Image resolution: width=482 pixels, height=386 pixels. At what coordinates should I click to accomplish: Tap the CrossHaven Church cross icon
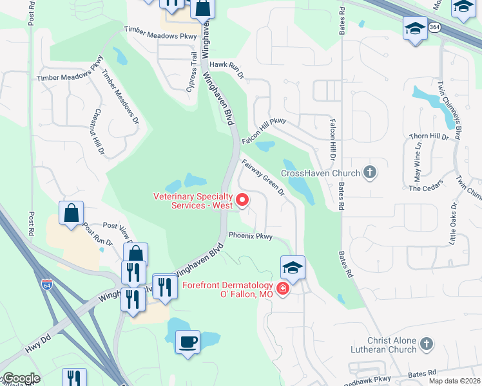click(370, 172)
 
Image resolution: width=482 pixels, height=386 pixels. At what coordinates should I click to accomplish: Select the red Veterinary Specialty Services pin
click(243, 200)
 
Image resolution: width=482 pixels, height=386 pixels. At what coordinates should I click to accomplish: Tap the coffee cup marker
click(188, 342)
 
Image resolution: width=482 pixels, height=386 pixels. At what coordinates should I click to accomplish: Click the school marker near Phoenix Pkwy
click(293, 268)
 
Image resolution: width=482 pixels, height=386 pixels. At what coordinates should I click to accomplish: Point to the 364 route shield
click(436, 27)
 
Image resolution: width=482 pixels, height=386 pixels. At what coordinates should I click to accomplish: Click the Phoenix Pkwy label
click(251, 236)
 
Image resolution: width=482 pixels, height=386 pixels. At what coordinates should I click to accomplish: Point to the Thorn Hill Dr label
click(428, 136)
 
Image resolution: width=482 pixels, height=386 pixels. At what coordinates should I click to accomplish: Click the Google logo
click(21, 379)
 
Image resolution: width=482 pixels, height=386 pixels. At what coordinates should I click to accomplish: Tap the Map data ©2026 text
click(455, 381)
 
